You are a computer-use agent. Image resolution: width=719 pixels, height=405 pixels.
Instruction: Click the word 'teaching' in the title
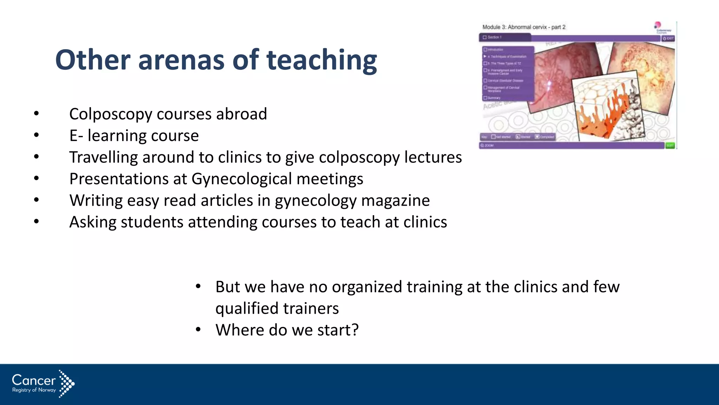(322, 60)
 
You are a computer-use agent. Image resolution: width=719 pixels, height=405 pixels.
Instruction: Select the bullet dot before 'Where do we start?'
(198, 330)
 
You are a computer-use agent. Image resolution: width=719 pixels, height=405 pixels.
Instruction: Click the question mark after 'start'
(355, 330)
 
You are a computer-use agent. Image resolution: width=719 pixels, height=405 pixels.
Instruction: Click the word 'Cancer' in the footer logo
(34, 380)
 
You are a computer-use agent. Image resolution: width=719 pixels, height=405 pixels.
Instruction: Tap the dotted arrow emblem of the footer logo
(66, 384)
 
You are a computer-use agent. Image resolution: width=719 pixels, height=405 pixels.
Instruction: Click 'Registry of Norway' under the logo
(34, 390)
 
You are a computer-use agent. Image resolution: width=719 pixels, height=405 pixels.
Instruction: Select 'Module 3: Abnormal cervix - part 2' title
(524, 27)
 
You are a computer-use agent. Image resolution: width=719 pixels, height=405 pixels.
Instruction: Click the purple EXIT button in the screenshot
(668, 38)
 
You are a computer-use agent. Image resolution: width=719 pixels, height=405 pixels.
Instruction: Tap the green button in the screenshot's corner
(670, 145)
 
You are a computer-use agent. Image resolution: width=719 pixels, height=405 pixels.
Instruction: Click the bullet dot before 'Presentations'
(37, 179)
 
